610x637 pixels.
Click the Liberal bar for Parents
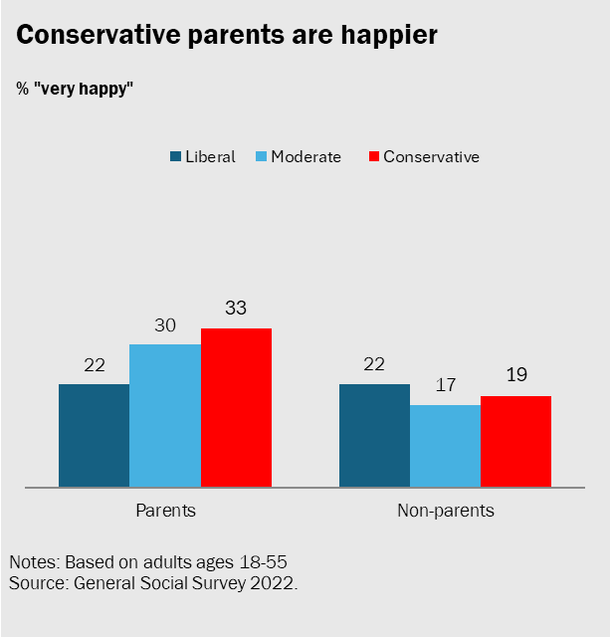pyautogui.click(x=94, y=436)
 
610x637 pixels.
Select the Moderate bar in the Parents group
pyautogui.click(x=165, y=416)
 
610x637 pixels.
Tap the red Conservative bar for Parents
pyautogui.click(x=236, y=408)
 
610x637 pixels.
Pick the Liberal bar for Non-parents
pyautogui.click(x=374, y=436)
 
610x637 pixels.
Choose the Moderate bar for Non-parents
pyautogui.click(x=445, y=446)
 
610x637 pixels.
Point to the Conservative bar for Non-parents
pyautogui.click(x=515, y=442)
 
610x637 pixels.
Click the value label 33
pyautogui.click(x=236, y=310)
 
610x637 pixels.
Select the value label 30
pyautogui.click(x=165, y=325)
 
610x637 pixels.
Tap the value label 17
pyautogui.click(x=445, y=386)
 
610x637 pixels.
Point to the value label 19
pyautogui.click(x=515, y=376)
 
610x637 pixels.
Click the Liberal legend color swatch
pyautogui.click(x=176, y=157)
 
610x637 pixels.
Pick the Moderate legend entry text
pyautogui.click(x=305, y=157)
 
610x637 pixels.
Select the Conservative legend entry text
pyautogui.click(x=431, y=157)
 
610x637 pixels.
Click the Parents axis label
pyautogui.click(x=165, y=511)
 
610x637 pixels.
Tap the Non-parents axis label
pyautogui.click(x=445, y=511)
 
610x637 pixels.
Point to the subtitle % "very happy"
pyautogui.click(x=75, y=89)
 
